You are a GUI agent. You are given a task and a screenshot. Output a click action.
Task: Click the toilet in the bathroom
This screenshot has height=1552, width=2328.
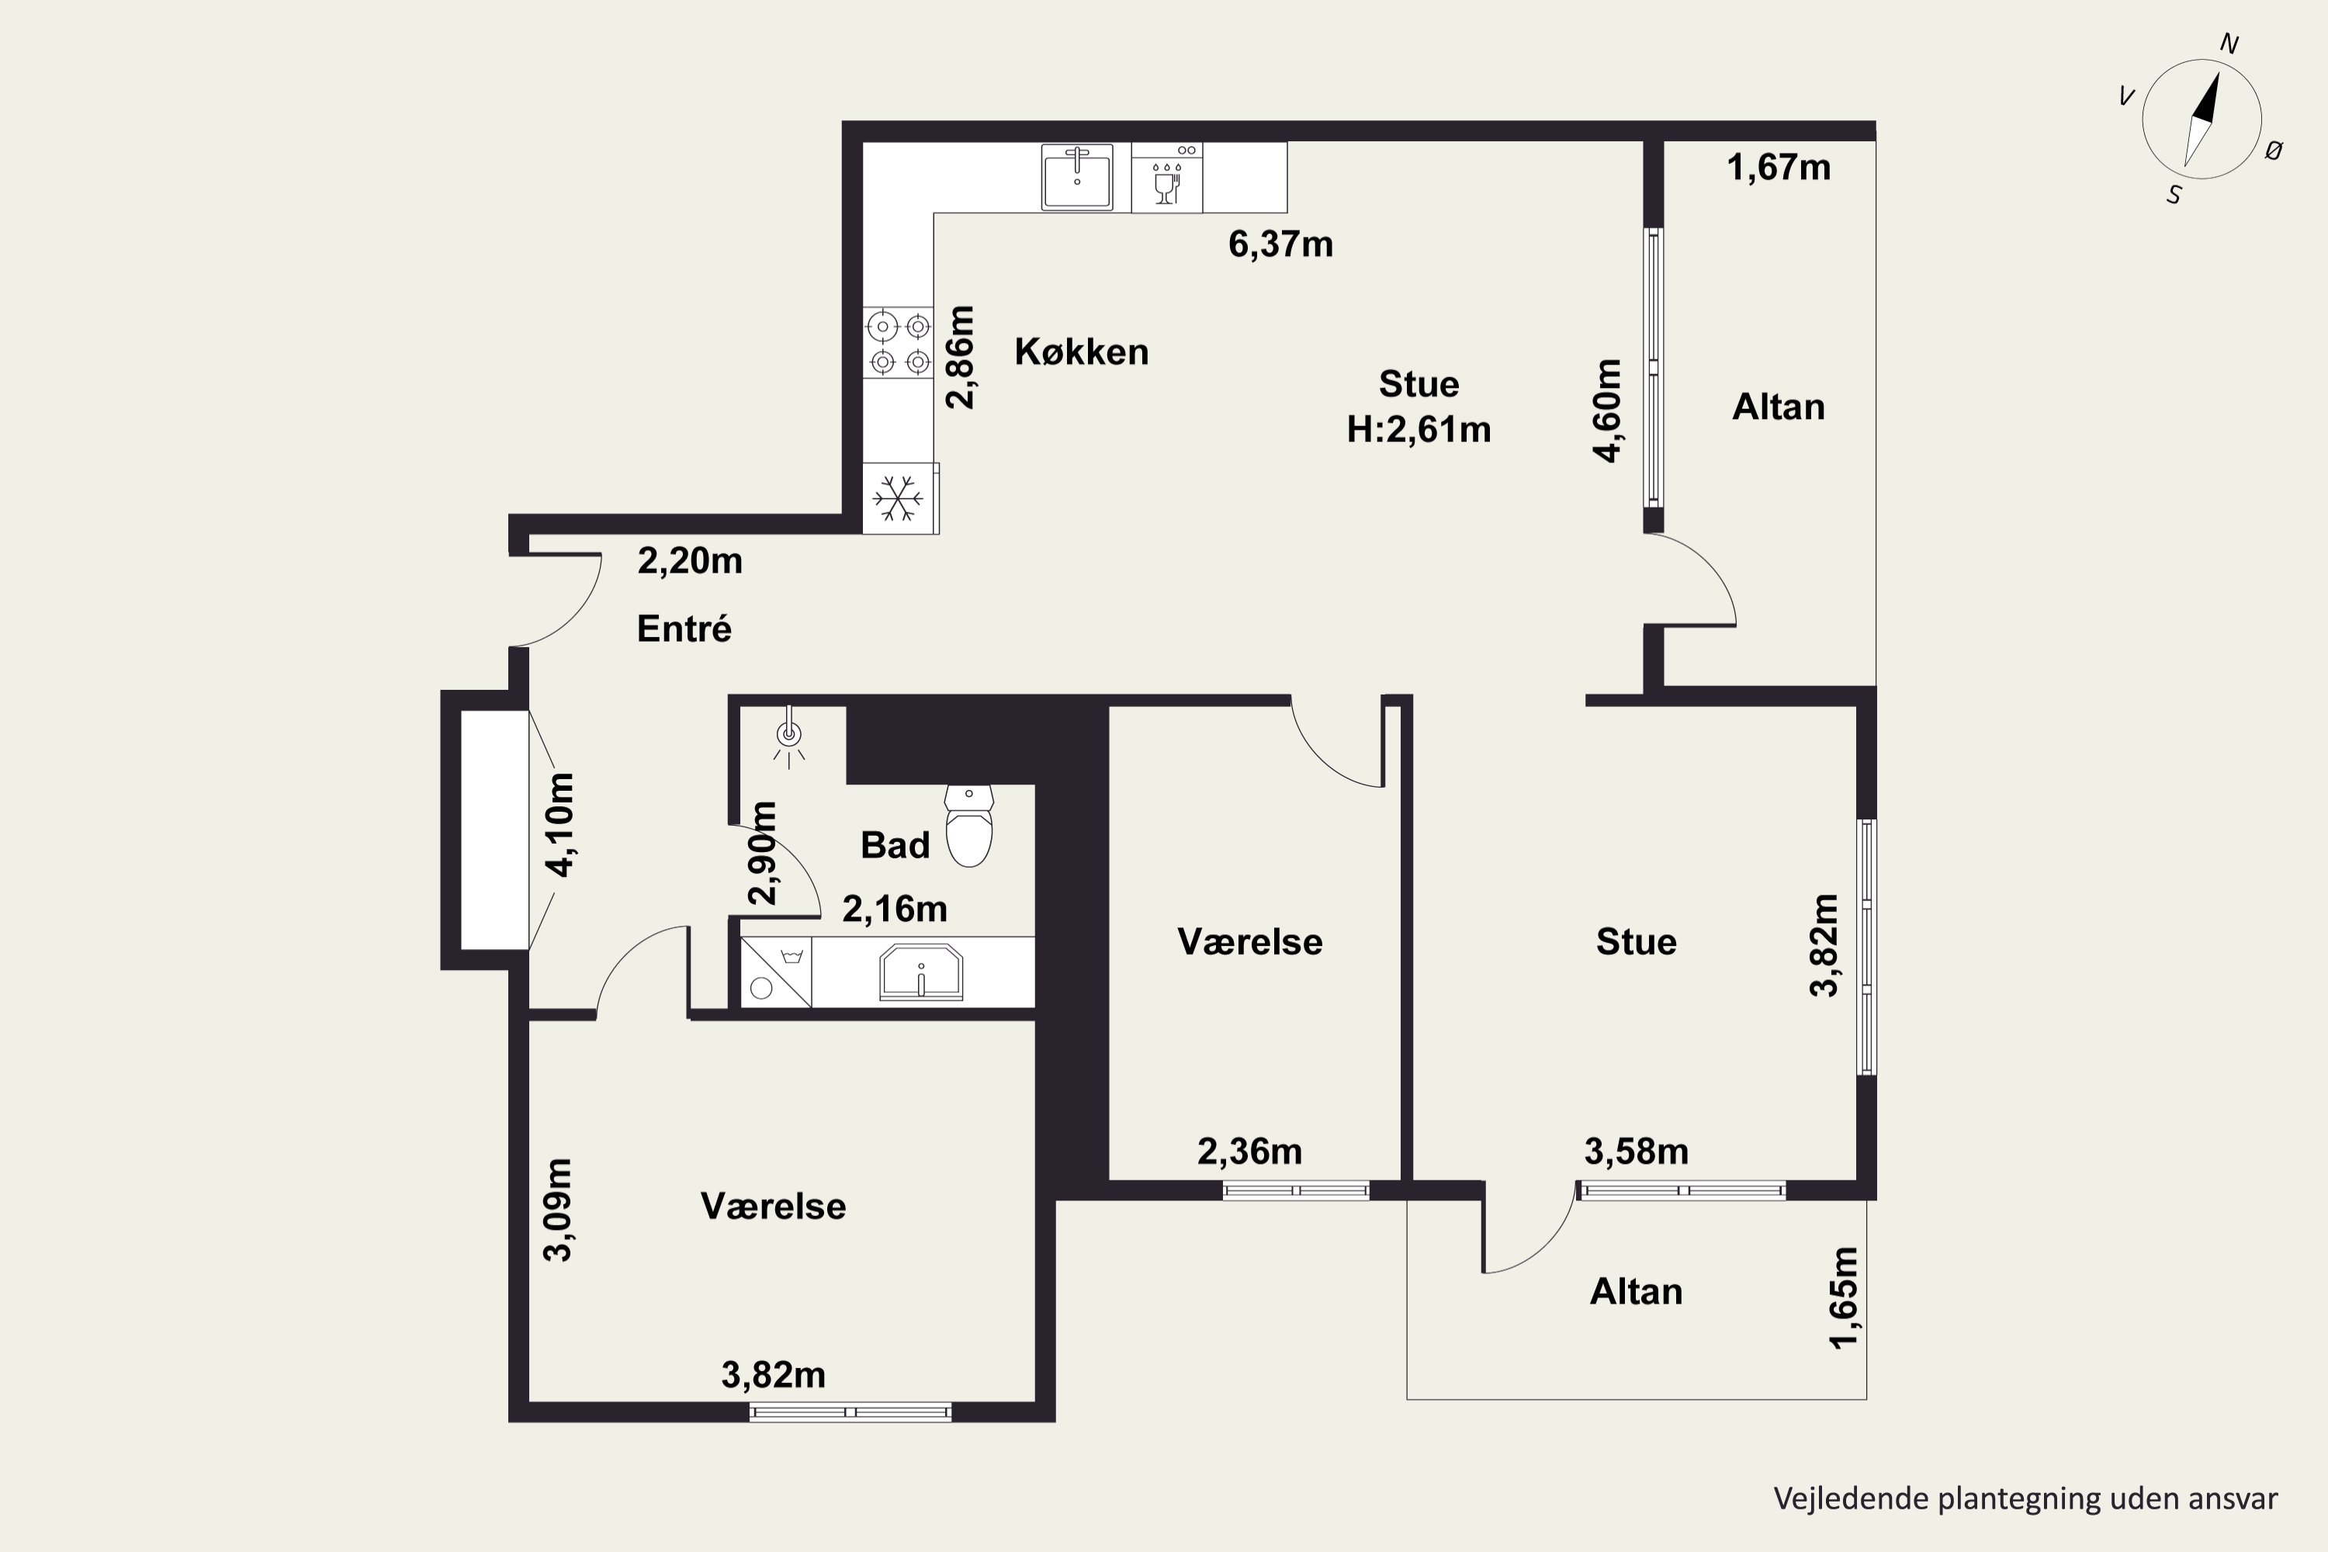coord(969,826)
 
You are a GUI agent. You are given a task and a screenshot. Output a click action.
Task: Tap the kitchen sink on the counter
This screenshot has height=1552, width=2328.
coord(1077,177)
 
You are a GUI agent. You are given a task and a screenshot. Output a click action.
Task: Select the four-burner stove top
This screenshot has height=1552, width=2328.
coord(899,342)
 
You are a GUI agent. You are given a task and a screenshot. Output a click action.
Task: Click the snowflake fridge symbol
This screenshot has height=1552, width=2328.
coord(899,498)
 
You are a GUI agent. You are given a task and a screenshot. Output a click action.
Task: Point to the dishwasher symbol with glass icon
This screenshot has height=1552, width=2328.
coord(1167,177)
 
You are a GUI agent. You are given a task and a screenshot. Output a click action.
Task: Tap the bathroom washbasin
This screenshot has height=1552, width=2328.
coord(922,972)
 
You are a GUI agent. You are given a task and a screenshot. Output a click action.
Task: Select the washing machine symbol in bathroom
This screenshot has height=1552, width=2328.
coord(776,972)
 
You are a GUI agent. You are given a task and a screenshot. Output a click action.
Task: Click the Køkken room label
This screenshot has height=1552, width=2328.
coord(1082,352)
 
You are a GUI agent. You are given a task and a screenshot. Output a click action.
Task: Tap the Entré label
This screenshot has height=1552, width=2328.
coord(684,629)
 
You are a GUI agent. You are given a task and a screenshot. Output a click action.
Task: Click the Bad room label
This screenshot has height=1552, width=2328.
coord(895,845)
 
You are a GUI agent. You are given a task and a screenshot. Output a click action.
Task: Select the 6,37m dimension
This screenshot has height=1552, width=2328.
coord(1281,244)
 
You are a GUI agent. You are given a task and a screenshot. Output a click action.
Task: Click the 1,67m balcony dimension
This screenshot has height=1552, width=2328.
coord(1779,168)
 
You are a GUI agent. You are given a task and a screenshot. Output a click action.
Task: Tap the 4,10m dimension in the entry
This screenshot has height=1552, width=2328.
coord(559,824)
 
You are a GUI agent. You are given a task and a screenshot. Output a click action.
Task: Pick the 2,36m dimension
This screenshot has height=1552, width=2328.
coord(1250,1151)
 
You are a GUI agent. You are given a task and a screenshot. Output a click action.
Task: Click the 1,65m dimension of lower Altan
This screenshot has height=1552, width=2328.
coord(1844,1297)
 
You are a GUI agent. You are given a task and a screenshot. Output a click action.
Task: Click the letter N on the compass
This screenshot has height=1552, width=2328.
coord(2229,43)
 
